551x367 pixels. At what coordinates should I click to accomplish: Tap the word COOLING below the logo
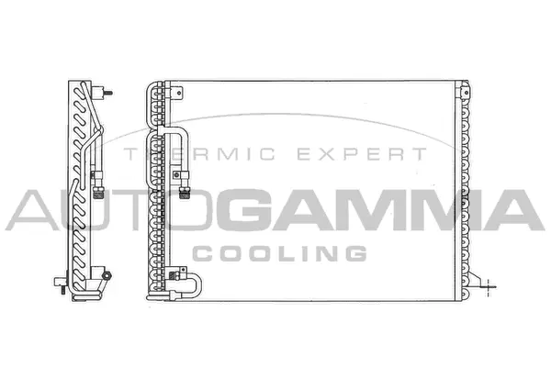[279, 252]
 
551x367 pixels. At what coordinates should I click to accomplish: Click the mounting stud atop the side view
[108, 93]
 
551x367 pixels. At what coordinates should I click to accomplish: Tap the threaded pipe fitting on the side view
[95, 190]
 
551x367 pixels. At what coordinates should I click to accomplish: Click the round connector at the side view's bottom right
[107, 275]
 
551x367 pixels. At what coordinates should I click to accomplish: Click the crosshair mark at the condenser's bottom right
[489, 284]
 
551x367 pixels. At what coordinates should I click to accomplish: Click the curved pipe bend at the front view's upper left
[177, 138]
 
